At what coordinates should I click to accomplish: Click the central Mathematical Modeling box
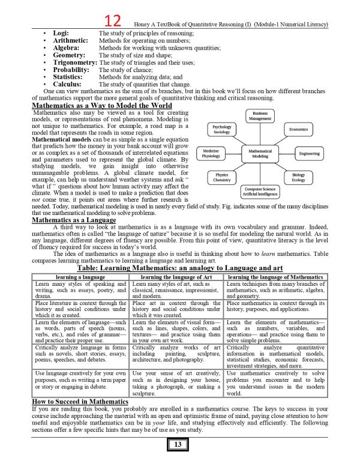point(260,154)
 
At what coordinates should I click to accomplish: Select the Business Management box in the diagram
point(260,116)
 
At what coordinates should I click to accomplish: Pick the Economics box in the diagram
point(298,130)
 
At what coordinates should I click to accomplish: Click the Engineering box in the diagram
point(309,154)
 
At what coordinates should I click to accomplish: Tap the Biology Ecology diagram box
point(298,177)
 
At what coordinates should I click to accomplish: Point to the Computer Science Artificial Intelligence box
point(260,192)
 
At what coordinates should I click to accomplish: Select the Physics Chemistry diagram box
point(221,177)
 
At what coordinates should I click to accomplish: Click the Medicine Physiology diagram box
point(211,153)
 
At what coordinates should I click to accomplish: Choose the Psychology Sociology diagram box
point(221,130)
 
